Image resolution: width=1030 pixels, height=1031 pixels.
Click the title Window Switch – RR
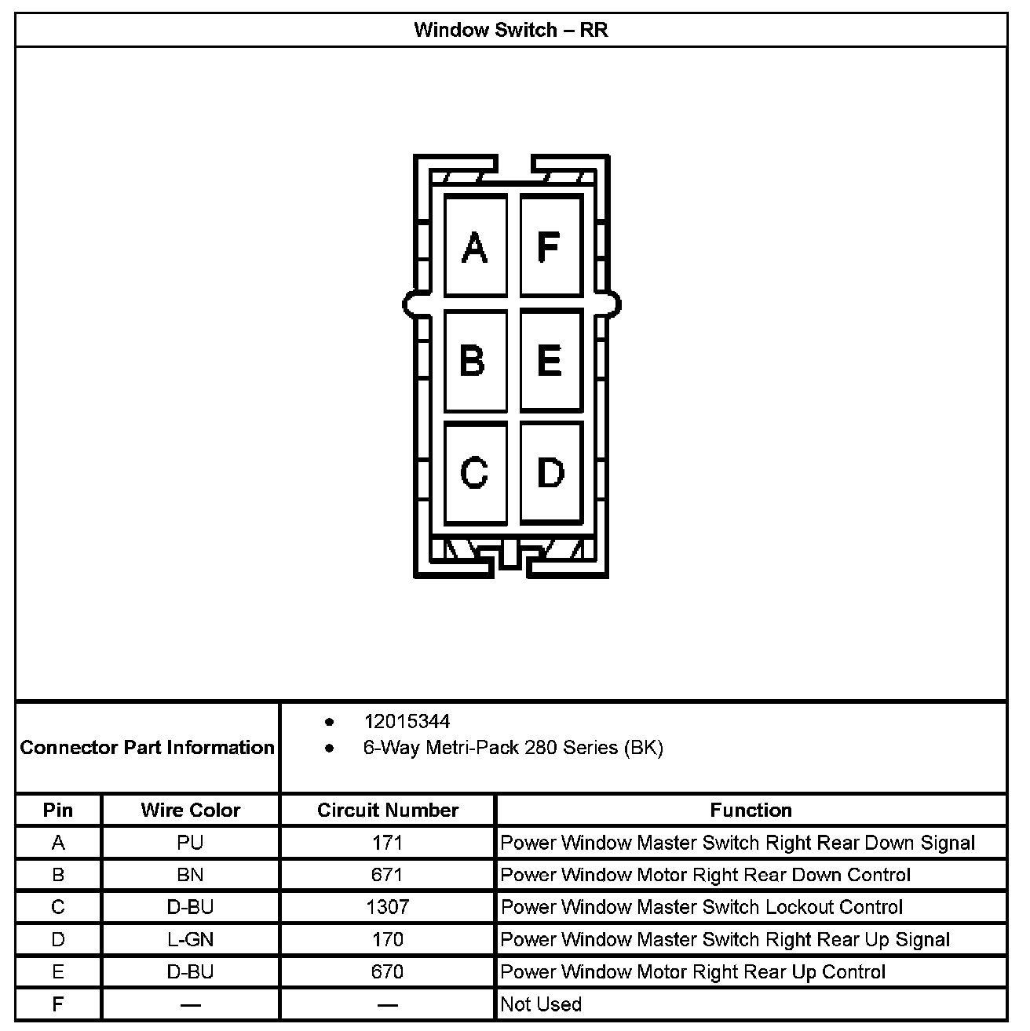coord(510,31)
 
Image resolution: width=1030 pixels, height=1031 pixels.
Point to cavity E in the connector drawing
coord(550,360)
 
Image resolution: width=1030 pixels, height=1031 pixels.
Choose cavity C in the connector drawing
coord(474,473)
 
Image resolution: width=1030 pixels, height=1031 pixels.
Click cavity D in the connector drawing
coord(550,473)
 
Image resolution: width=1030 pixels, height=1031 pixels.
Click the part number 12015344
coord(407,721)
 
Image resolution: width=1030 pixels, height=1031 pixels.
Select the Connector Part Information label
coord(148,747)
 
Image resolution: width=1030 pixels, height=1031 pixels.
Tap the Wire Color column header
coord(191,810)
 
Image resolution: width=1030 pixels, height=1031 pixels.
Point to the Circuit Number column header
coord(388,810)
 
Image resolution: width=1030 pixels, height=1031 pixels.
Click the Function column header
coord(751,810)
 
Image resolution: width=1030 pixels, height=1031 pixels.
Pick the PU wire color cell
coord(191,843)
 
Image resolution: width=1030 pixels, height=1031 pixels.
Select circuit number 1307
coord(388,907)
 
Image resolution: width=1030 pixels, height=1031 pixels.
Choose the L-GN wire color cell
coord(191,939)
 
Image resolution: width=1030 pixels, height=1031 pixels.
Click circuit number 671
coord(388,875)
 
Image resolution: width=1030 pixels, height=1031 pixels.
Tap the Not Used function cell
coord(541,1004)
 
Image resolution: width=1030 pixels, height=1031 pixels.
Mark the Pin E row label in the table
coord(58,972)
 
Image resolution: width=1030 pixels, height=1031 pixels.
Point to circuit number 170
coord(388,939)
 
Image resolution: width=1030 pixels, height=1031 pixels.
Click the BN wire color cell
coord(191,875)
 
